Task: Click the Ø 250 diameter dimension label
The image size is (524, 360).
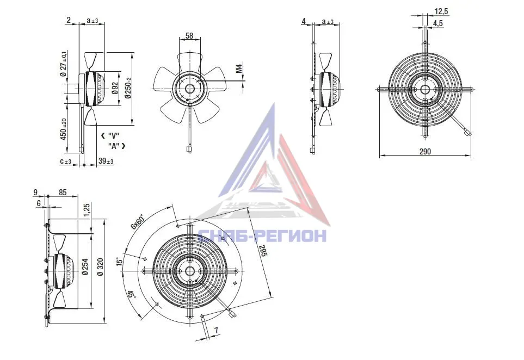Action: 128,88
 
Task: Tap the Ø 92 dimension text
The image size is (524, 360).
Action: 115,88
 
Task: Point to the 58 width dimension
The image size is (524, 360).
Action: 189,35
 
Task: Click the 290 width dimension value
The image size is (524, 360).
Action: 425,151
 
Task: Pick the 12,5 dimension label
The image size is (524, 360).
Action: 441,11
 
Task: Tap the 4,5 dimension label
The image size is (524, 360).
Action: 438,23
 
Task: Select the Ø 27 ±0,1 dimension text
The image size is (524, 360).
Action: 64,64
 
